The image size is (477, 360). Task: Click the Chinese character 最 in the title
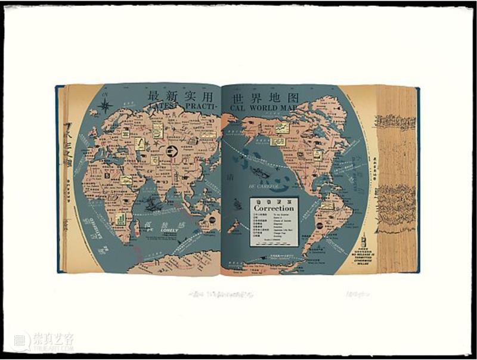tap(154, 97)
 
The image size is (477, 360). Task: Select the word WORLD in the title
tap(271, 107)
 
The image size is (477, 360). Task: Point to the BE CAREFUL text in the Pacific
tap(261, 187)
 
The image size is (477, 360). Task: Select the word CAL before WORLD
tap(238, 107)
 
